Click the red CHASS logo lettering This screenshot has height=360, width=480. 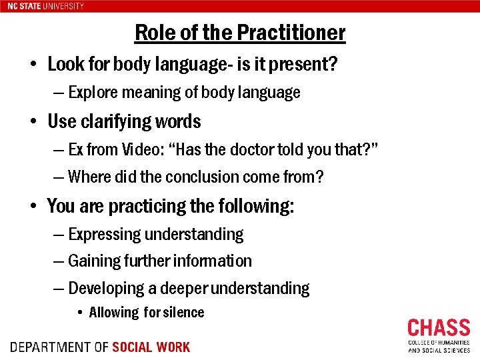[x=439, y=329]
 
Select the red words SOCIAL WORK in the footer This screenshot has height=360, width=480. [x=151, y=347]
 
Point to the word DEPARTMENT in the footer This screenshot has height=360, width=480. [x=51, y=347]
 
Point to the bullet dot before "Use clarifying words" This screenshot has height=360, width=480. [x=33, y=123]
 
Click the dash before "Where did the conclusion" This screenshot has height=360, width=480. [x=59, y=177]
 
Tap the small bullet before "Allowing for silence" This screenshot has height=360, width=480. [x=79, y=313]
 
